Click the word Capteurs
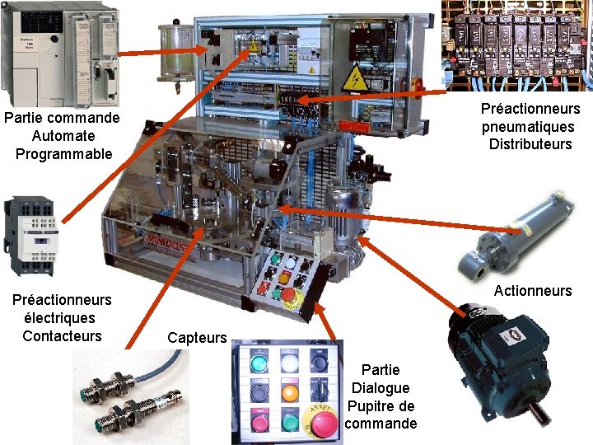pos(196,337)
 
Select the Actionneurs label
pos(532,290)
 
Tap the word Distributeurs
pos(530,144)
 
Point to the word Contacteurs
pos(63,335)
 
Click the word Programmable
pos(63,153)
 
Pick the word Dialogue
pos(381,387)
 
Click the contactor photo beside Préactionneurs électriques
pos(30,236)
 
